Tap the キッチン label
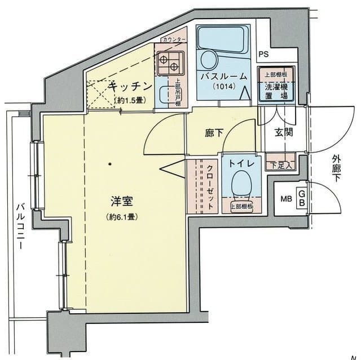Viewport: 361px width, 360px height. click(x=130, y=86)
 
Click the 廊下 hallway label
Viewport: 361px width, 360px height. click(x=214, y=133)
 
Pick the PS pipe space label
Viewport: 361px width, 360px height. click(x=263, y=54)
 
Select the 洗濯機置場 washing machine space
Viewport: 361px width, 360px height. click(x=277, y=87)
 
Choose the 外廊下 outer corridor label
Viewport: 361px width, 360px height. click(x=338, y=173)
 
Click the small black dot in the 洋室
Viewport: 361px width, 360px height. click(x=110, y=164)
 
